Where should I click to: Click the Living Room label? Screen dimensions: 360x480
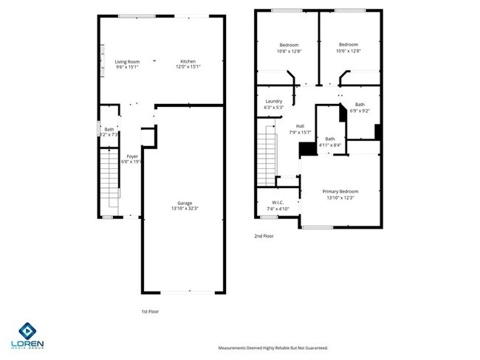(x=127, y=62)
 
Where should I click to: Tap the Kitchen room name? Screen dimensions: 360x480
(x=188, y=62)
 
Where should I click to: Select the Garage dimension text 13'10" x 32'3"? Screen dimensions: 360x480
(x=184, y=209)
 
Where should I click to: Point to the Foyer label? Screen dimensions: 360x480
(x=132, y=156)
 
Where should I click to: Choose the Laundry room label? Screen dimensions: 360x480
(x=273, y=103)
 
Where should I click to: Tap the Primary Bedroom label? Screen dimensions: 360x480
(x=340, y=192)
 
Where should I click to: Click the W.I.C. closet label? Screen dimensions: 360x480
(x=278, y=203)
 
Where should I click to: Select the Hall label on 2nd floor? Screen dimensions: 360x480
(x=300, y=126)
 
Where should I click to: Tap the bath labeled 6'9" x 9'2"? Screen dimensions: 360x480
(x=360, y=108)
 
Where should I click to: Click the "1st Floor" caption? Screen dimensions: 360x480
(x=150, y=311)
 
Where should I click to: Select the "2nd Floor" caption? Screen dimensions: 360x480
(x=263, y=237)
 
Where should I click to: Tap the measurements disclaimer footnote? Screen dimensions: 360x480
(x=272, y=347)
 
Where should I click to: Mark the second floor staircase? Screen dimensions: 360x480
(x=267, y=157)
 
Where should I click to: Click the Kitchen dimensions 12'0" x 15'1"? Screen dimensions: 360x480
(x=188, y=67)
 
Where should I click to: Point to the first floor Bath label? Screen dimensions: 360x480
(x=109, y=130)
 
